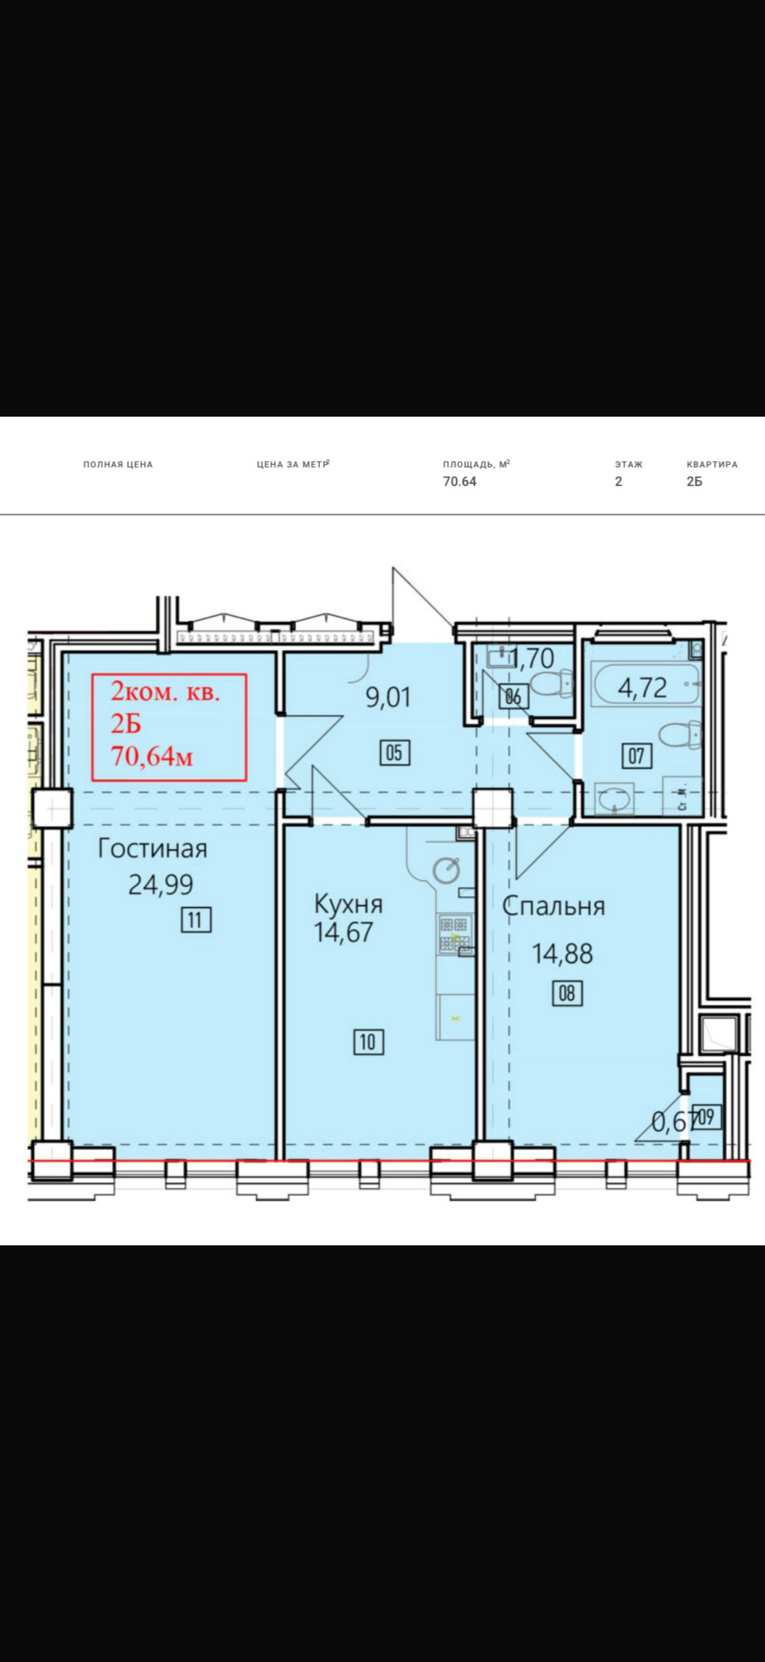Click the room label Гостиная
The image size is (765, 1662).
152,848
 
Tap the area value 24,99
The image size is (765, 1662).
161,884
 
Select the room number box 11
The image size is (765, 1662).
196,920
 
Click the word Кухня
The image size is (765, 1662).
348,904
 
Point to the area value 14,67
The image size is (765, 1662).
344,932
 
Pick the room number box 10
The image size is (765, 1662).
369,1042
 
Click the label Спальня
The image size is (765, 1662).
553,906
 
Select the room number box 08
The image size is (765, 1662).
567,993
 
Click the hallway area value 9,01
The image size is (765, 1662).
388,698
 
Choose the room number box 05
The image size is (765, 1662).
395,753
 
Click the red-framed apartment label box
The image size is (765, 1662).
170,727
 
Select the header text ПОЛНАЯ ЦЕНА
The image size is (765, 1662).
118,465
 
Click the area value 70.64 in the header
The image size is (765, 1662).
459,482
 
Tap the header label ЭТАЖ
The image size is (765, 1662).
628,465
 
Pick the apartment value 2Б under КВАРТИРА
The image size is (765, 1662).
694,482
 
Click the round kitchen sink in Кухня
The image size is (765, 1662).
446,870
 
